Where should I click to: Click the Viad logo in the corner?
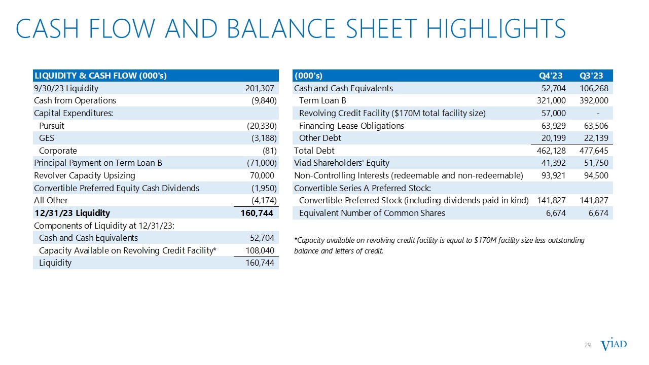614,345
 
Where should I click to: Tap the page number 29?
588,345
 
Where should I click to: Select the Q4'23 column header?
551,76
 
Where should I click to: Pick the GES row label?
46,138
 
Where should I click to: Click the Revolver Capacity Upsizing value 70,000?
261,175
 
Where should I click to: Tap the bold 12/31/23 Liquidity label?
71,213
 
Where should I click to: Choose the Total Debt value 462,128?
551,151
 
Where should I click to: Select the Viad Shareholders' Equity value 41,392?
553,163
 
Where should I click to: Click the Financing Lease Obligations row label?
351,126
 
